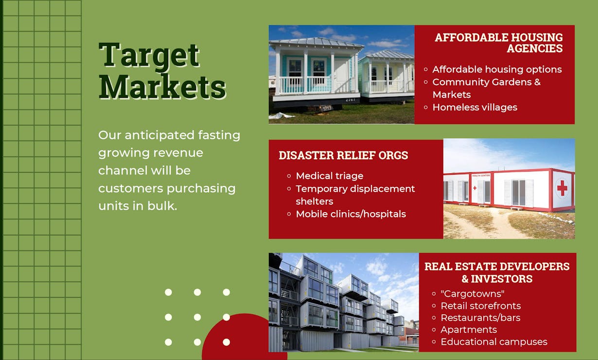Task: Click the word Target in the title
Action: [x=149, y=55]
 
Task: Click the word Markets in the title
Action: [x=162, y=87]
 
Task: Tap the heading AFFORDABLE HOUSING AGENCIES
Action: [x=499, y=43]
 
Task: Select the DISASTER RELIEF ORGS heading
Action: [x=343, y=155]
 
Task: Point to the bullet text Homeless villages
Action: [x=475, y=108]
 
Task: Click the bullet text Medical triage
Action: [x=330, y=176]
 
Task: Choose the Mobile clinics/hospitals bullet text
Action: [x=351, y=214]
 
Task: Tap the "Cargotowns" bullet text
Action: [x=473, y=294]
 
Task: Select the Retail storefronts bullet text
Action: [x=480, y=306]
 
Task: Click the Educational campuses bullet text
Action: [x=494, y=342]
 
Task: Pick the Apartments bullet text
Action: [x=469, y=330]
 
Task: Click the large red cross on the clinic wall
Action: [x=562, y=188]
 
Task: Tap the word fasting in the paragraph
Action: [x=219, y=135]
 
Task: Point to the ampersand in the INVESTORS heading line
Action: [x=465, y=279]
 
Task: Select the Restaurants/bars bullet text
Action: [x=480, y=318]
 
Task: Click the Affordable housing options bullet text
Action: [x=497, y=70]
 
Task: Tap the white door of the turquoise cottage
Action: [x=341, y=75]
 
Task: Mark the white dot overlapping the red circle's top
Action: [x=227, y=317]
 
